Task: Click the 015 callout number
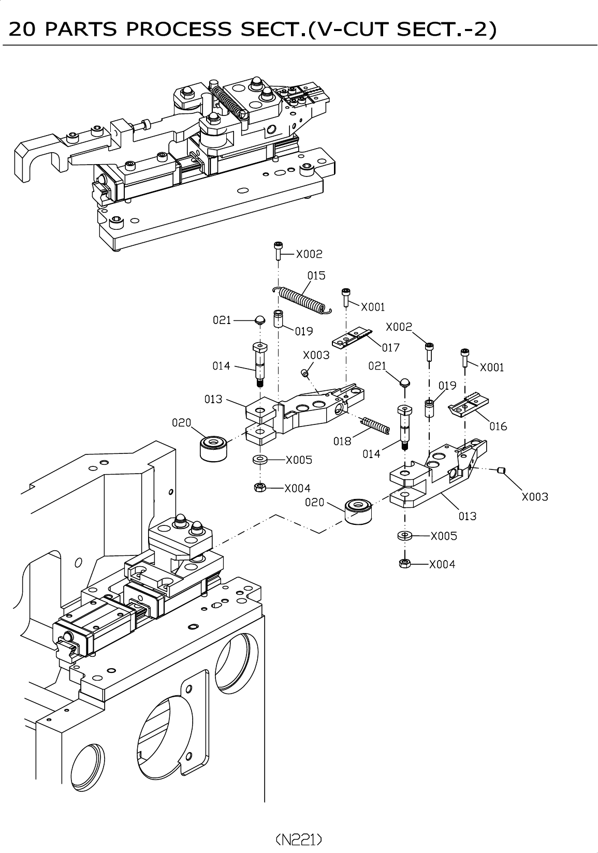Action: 316,275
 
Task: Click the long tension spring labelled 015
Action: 302,300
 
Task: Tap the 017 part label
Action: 391,347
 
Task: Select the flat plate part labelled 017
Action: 352,338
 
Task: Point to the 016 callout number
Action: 498,426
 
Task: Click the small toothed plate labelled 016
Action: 469,406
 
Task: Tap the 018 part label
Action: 342,441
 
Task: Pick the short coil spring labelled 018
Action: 375,425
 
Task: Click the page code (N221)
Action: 299,839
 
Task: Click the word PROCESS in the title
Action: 179,29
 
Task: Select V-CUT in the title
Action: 351,29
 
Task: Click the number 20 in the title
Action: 22,29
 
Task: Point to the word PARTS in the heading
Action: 81,29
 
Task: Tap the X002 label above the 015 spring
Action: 309,254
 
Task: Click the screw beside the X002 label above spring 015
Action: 279,251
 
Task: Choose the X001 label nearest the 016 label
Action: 492,367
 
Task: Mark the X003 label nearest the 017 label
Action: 316,355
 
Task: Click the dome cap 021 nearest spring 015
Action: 260,320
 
